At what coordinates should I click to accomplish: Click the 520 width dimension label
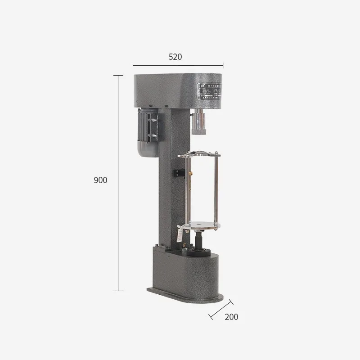[175, 57]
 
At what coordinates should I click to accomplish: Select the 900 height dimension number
[100, 180]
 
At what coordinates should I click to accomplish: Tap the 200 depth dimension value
[231, 317]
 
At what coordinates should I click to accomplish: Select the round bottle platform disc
[201, 223]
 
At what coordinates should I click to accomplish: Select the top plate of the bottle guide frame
[200, 156]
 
